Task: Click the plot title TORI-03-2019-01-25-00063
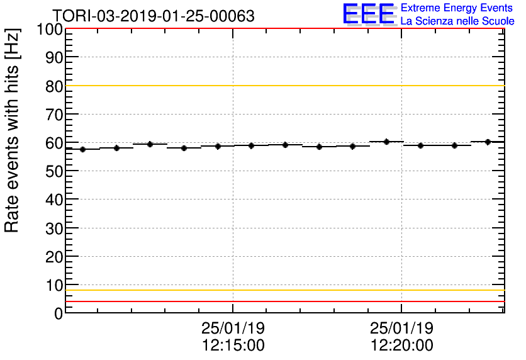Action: pos(153,16)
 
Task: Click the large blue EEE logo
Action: pos(369,14)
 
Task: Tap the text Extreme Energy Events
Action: pos(457,8)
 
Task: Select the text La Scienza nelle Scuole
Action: pos(457,21)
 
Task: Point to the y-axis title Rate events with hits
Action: pos(13,130)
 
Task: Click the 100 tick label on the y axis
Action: pos(50,30)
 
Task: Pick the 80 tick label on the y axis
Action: pos(53,86)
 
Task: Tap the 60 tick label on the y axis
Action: pos(53,143)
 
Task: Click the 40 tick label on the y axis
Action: pos(53,200)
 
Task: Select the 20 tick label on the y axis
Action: pos(53,257)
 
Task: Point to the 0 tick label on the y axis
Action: pos(58,313)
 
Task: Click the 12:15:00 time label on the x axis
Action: pos(233,346)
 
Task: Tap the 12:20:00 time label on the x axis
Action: pos(401,346)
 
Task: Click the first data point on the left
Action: pos(82,149)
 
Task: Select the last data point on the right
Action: pos(488,142)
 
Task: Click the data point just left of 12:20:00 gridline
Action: pos(387,142)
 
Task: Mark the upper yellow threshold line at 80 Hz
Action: pos(283,86)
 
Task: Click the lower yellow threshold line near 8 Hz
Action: pos(283,290)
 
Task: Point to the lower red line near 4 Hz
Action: pos(283,301)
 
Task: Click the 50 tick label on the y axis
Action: pos(53,172)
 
